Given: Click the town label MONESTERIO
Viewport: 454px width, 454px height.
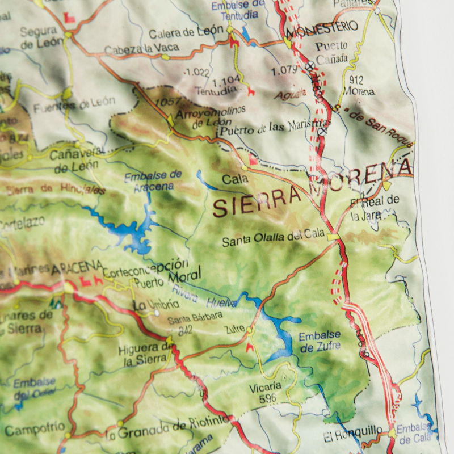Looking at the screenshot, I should pos(322,27).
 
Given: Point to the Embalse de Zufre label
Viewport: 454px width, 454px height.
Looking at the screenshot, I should pos(320,341).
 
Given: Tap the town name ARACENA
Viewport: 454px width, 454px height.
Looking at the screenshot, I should pos(77,266).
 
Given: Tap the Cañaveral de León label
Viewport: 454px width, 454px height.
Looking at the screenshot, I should pos(77,160).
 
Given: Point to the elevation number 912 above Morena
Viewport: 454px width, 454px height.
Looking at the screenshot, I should pos(356,80).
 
